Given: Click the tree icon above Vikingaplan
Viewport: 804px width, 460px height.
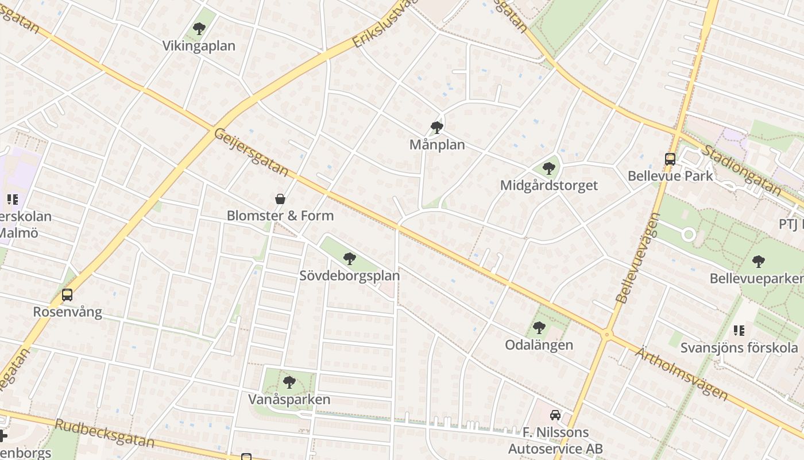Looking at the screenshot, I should (199, 28).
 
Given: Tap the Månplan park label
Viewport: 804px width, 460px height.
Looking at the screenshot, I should (437, 145).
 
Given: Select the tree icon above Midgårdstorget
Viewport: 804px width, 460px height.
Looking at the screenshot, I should (548, 168).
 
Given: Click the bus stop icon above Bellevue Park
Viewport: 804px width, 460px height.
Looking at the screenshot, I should (670, 159).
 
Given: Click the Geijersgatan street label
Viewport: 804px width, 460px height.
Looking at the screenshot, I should (251, 151).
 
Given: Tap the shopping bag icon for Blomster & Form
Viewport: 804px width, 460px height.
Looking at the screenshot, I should (280, 199).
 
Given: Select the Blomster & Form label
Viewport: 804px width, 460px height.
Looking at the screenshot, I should (280, 216).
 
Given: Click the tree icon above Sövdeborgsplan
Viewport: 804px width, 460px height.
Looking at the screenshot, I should (349, 259).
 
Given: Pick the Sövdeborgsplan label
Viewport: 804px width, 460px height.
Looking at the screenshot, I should (349, 275).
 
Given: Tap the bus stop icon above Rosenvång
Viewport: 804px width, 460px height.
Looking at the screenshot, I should (67, 295).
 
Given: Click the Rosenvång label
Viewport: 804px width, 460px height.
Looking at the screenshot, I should (67, 312).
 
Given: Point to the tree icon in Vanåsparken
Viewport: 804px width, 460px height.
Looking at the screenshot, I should (289, 382).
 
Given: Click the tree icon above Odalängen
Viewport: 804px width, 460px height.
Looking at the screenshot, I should (539, 328).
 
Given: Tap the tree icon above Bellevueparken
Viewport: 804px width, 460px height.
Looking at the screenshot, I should (758, 262).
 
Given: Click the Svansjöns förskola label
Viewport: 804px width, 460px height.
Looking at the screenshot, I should (739, 348).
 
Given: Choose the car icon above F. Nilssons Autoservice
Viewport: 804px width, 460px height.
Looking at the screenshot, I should (555, 415).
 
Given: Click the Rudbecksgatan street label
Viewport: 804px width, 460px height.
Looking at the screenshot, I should (105, 433).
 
